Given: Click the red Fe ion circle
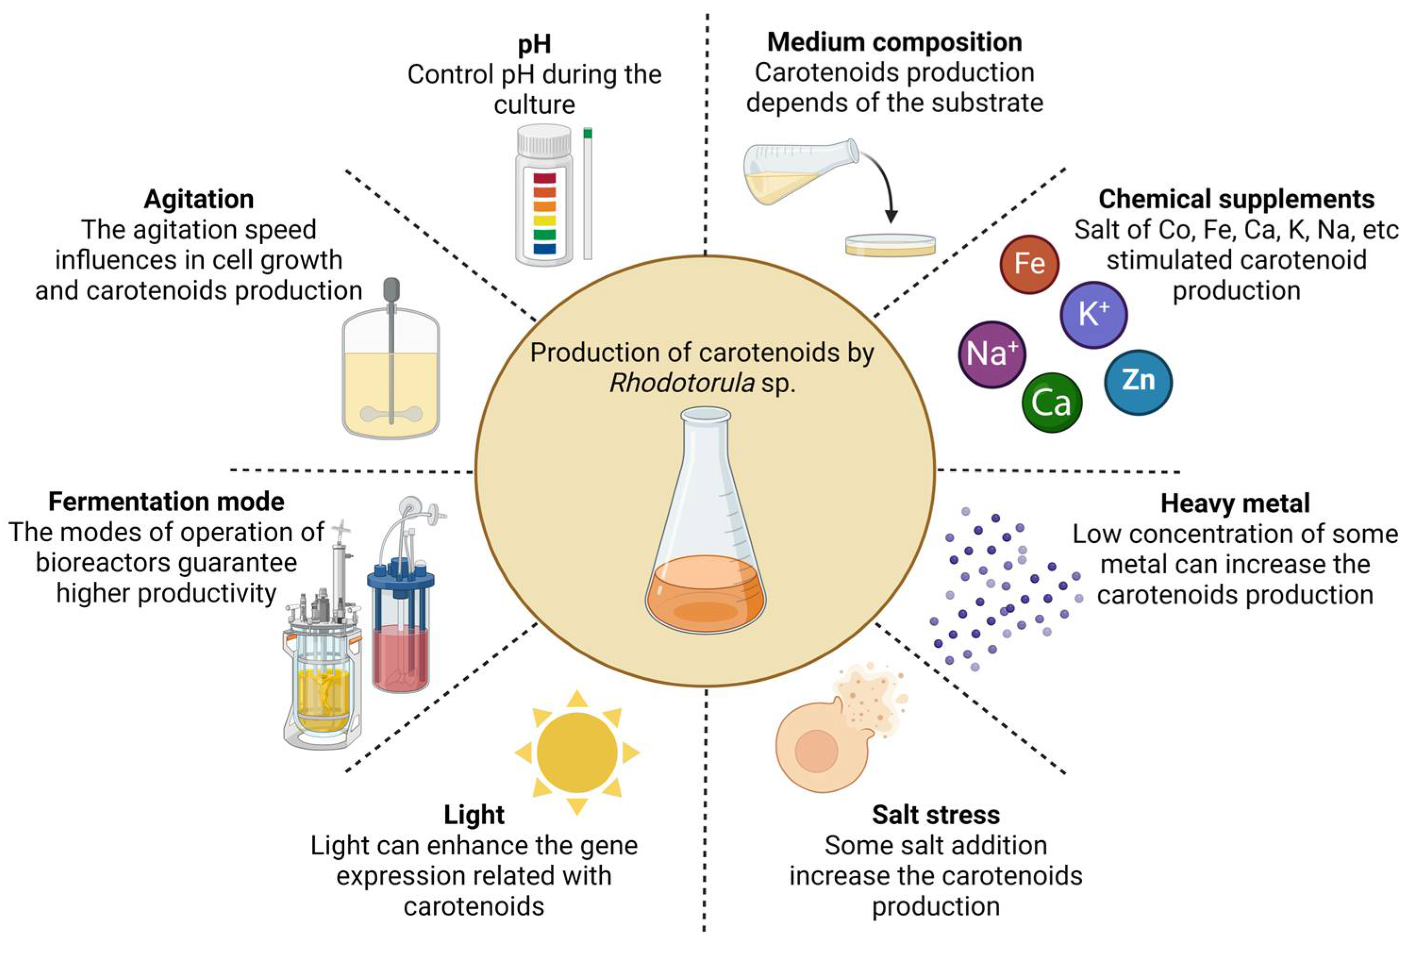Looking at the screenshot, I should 1029,264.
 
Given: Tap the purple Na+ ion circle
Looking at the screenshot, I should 991,354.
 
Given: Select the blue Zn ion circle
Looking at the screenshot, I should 1138,381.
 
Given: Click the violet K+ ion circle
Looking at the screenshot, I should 1093,314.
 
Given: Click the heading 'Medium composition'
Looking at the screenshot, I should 894,42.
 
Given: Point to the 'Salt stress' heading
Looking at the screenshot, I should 936,815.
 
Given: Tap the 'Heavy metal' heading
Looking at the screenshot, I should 1235,504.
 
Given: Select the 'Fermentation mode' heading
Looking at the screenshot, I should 166,502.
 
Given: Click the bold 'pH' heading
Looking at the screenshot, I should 534,44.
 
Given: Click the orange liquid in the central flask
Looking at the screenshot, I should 705,597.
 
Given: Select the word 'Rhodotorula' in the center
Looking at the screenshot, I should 681,383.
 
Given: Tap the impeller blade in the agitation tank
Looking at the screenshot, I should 391,414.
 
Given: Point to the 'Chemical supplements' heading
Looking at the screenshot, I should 1236,199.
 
